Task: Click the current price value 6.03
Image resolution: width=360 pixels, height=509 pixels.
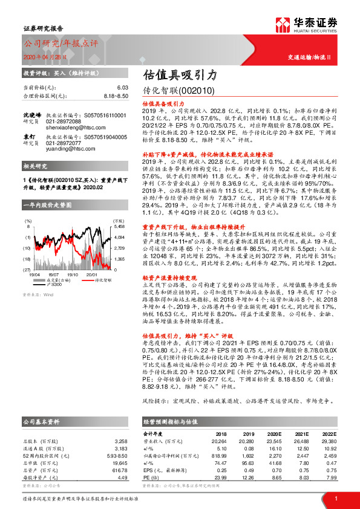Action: click(x=123, y=88)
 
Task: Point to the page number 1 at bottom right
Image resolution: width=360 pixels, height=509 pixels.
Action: click(x=336, y=498)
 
